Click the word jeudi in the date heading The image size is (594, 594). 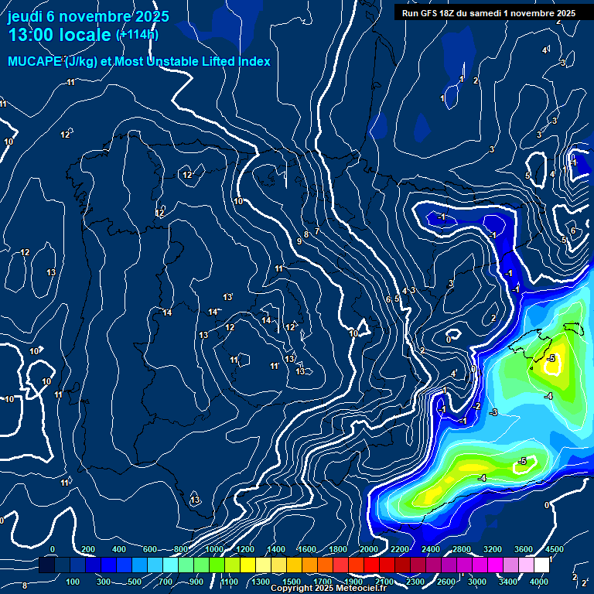coord(29,16)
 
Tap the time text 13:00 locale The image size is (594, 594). coord(60,35)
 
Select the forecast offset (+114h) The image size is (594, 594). coord(137,35)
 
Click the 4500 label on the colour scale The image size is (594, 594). coord(554,549)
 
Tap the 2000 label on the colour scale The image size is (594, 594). coord(369,549)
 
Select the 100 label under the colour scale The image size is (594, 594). coord(74,582)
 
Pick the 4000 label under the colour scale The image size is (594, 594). coord(539,582)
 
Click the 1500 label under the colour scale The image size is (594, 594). coord(292,582)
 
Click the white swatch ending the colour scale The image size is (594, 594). coord(541,565)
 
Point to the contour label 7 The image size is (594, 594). coord(317,231)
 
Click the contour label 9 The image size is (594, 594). coord(299,242)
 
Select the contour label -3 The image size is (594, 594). coord(493,412)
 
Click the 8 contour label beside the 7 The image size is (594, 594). coord(306,234)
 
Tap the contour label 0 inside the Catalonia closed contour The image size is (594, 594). coord(449,340)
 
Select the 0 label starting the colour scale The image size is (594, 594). coord(53,549)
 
